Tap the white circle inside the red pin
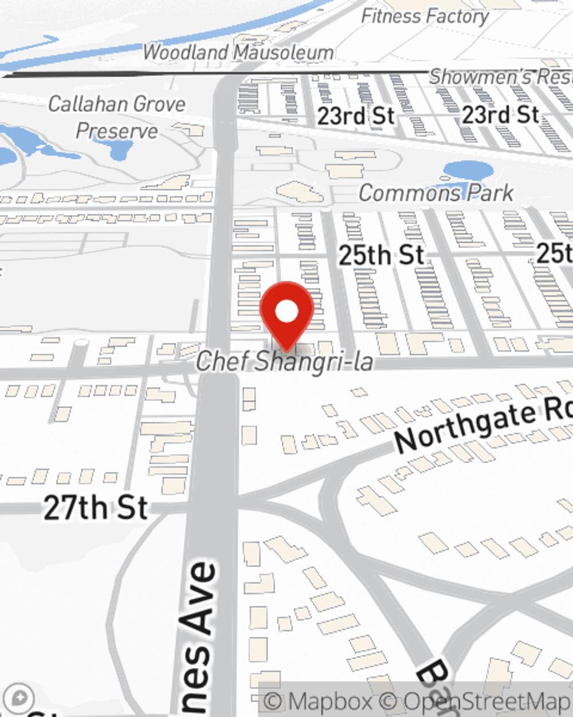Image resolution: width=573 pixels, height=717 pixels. [286, 311]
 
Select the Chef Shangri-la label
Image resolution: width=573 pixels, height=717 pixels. [284, 361]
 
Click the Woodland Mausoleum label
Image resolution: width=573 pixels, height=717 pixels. [238, 52]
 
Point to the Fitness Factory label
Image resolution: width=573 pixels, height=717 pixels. [425, 17]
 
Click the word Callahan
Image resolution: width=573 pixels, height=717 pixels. [87, 104]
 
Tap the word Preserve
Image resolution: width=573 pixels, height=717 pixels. [117, 131]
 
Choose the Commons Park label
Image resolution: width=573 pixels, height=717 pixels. [436, 193]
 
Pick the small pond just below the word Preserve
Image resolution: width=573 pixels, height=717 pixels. [119, 151]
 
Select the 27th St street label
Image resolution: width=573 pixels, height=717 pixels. [96, 508]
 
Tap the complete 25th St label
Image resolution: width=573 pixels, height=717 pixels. [381, 255]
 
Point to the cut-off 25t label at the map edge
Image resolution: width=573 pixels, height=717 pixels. [554, 252]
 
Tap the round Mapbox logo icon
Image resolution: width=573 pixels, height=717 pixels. [19, 699]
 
